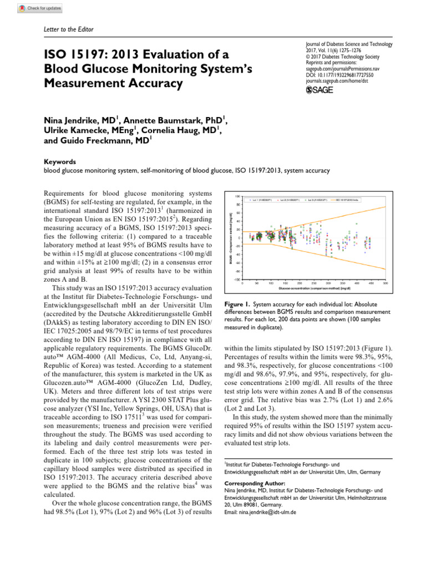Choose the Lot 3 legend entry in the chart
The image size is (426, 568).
click(x=321, y=199)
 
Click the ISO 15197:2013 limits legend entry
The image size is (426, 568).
click(x=353, y=199)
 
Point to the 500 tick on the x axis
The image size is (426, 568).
click(x=385, y=283)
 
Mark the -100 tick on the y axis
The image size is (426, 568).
click(x=237, y=280)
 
